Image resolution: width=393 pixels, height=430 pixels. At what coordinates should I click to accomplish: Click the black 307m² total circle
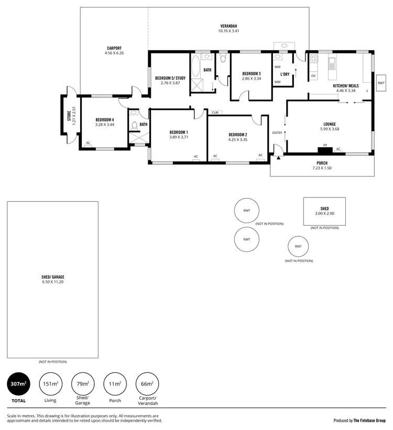click(18, 385)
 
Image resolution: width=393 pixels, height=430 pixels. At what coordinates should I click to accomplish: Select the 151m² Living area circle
click(50, 385)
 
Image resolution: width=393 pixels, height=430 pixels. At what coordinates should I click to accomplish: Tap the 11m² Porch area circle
click(115, 385)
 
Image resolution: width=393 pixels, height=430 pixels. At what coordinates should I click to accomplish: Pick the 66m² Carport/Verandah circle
click(147, 385)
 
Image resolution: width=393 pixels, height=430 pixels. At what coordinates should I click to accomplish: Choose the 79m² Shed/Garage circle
click(82, 385)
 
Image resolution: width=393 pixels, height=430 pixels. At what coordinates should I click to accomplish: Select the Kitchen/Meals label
click(346, 85)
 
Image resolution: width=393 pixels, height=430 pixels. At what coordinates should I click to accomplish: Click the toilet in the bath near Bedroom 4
click(134, 125)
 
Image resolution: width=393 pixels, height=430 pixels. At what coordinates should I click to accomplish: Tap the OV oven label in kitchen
click(313, 76)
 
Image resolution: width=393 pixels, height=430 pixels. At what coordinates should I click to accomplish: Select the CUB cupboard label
click(215, 112)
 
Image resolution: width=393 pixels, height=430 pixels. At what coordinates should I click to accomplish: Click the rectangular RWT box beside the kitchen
click(380, 83)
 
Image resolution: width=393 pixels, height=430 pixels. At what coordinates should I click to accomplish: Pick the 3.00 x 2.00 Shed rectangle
click(324, 211)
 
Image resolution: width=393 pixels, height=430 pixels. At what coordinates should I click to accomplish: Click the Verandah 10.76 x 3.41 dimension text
click(228, 31)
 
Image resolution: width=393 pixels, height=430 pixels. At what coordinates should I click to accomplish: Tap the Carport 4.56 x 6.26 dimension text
click(114, 53)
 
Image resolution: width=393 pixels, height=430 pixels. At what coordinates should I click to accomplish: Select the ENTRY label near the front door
click(277, 133)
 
